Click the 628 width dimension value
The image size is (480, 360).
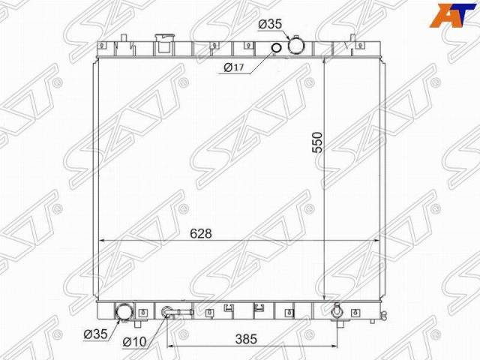click(201, 233)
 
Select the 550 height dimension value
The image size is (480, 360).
click(317, 142)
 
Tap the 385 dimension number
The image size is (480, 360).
click(246, 339)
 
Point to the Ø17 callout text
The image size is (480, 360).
click(234, 67)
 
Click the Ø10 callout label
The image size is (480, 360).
click(135, 342)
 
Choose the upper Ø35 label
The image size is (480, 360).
click(270, 24)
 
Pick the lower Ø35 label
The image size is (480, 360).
click(95, 334)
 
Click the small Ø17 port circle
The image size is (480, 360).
click(276, 48)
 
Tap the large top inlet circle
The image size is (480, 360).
click(296, 46)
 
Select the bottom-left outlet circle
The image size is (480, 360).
click(124, 312)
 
